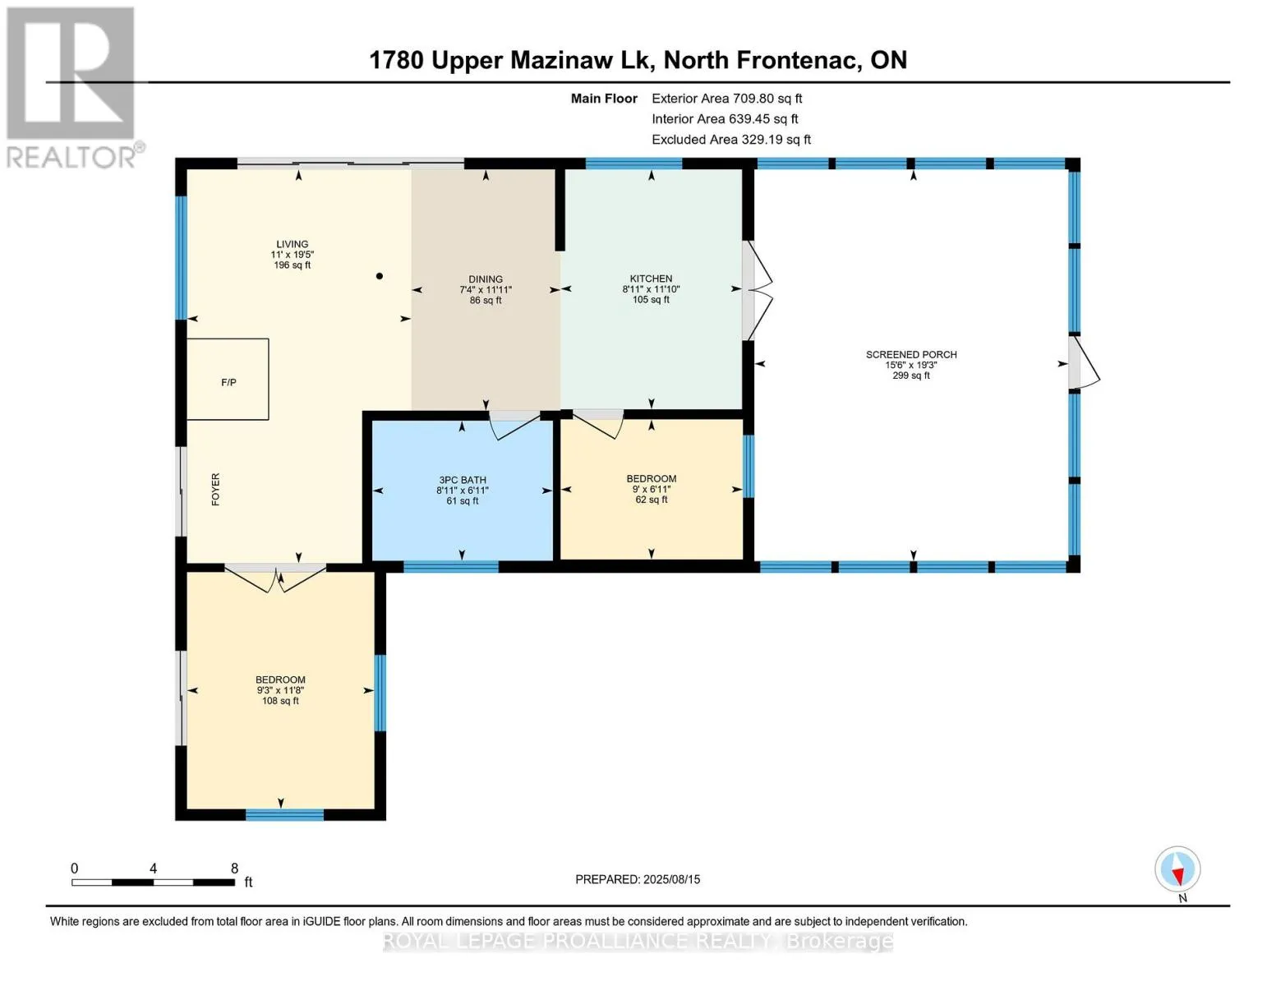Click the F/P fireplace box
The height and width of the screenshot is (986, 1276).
(x=228, y=380)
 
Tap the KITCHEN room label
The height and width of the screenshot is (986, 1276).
(x=651, y=279)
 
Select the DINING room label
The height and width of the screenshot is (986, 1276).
(x=486, y=279)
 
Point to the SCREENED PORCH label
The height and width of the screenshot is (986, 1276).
(x=911, y=355)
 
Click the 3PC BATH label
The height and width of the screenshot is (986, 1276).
(x=462, y=480)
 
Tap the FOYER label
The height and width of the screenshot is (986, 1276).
(x=215, y=489)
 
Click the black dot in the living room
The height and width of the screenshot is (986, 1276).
(x=380, y=276)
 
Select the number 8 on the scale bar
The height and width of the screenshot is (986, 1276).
(x=234, y=868)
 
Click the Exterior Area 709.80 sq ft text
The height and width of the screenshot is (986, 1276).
(x=727, y=99)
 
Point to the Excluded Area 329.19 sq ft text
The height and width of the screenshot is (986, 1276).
(x=731, y=140)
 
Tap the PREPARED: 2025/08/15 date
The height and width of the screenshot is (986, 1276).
(x=638, y=879)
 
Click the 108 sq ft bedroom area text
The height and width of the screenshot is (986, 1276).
(x=280, y=701)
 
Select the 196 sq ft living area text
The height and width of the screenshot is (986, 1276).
(x=292, y=265)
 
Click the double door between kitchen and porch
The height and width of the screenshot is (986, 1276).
(x=757, y=290)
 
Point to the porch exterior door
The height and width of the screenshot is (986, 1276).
(x=1084, y=362)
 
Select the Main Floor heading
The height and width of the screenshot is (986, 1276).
(x=604, y=99)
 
